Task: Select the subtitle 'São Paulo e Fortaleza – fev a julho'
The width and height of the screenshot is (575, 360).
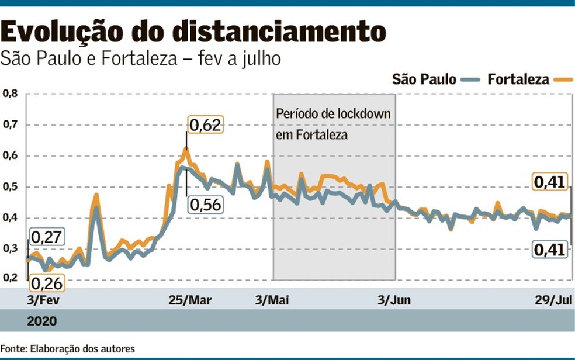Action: point(140,58)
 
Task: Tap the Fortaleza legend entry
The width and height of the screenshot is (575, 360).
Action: point(530,79)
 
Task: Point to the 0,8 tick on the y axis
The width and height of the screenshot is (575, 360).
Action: point(11,94)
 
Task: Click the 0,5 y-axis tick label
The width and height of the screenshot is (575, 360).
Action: point(11,186)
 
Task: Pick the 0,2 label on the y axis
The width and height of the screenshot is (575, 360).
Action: point(11,277)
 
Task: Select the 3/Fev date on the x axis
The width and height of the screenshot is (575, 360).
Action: point(43,300)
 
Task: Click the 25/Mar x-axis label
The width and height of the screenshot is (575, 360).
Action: point(190,300)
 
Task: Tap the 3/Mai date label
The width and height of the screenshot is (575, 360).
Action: point(272,300)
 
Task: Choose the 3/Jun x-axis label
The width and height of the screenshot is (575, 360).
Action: point(394,300)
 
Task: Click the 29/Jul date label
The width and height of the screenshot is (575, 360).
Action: point(553,300)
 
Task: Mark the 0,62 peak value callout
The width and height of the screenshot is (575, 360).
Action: point(205,124)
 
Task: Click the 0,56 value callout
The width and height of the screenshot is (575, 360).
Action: point(206,204)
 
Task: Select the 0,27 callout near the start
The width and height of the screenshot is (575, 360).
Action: point(47,237)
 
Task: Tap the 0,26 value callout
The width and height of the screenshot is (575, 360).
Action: point(47,283)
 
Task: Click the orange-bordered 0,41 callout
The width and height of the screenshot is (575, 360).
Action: point(549,182)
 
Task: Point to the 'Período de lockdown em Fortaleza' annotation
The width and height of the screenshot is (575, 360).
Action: point(333,124)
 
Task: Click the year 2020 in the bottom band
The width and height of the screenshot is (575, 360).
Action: point(42,321)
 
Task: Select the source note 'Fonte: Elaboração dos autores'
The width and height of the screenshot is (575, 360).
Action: point(67,348)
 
